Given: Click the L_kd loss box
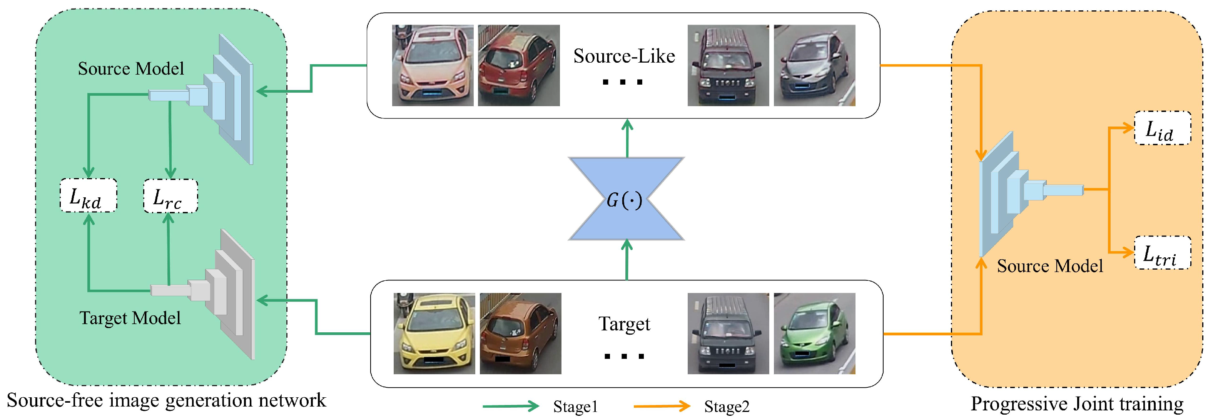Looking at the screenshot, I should (x=88, y=196).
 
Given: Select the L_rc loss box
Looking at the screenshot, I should (x=170, y=196).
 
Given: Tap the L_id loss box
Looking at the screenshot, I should (x=1162, y=128).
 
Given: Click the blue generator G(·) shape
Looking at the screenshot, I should (x=626, y=199).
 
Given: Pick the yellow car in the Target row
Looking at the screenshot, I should (x=434, y=334).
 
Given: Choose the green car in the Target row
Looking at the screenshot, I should (x=814, y=334).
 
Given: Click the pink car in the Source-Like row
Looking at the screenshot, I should (x=432, y=65).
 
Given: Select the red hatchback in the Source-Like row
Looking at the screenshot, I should (x=518, y=65).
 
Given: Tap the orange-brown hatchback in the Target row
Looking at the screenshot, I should (x=520, y=334).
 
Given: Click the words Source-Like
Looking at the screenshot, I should (x=624, y=57).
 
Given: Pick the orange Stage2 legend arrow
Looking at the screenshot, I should (x=662, y=406).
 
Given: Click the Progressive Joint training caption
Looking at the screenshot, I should (x=1077, y=404).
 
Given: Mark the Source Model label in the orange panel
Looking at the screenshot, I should (x=1049, y=267).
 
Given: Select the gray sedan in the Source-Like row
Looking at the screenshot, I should (x=814, y=65).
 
